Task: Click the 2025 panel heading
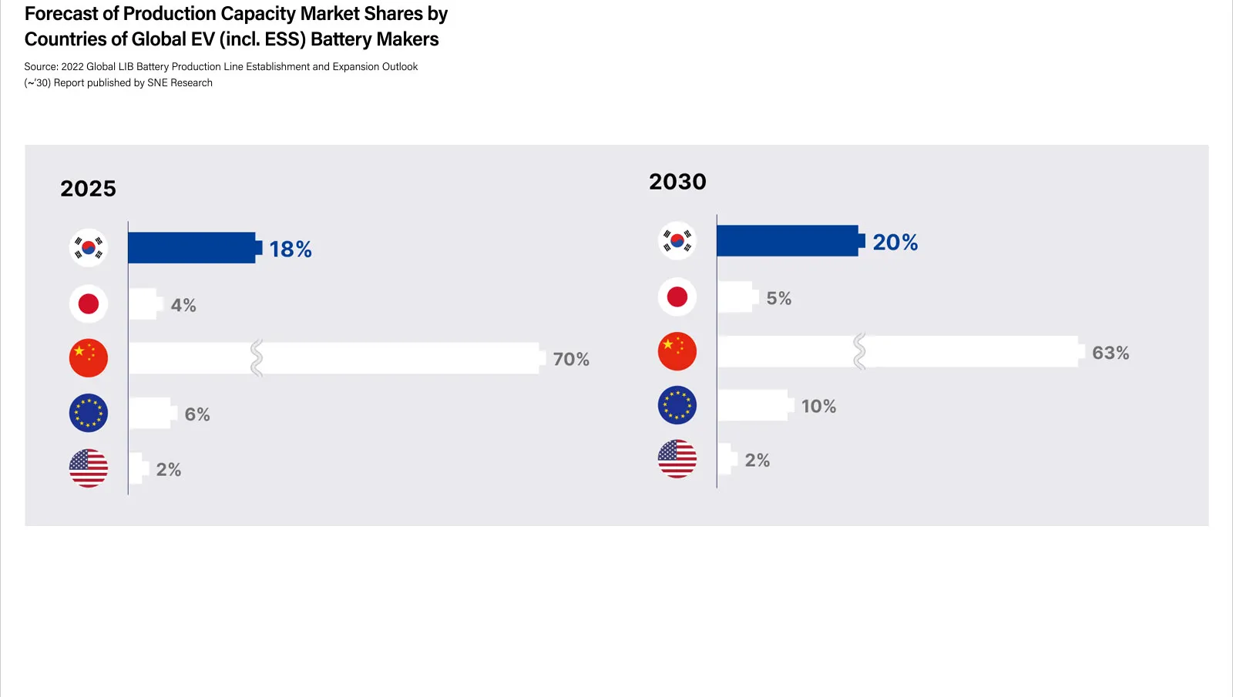88,189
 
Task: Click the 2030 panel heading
677,182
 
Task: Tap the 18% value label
291,250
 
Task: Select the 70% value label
571,360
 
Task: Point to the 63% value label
1110,354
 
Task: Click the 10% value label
818,407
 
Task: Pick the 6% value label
197,414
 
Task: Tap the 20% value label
895,243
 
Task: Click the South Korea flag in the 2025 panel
89,248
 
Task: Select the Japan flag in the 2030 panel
677,297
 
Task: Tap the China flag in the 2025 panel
89,358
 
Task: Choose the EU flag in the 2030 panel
677,405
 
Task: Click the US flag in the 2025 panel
89,468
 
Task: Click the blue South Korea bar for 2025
192,248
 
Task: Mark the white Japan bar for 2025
143,304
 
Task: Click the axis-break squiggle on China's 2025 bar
257,358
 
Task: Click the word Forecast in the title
61,14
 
